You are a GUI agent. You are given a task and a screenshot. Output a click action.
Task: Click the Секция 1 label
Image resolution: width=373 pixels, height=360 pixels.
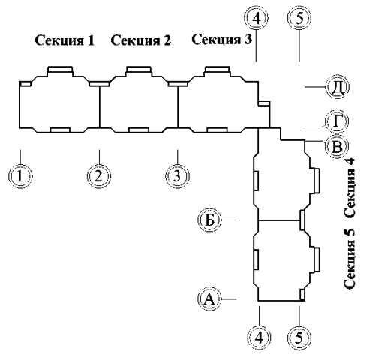coord(65,40)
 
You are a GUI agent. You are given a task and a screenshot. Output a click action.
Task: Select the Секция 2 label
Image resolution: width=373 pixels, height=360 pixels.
coord(141,40)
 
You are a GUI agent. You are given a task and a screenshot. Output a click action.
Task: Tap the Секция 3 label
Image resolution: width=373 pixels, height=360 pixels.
coord(222,39)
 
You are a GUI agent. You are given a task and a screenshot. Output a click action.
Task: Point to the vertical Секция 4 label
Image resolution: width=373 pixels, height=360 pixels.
coord(350,187)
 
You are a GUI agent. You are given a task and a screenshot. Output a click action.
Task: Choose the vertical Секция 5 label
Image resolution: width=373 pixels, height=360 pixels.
coord(350,259)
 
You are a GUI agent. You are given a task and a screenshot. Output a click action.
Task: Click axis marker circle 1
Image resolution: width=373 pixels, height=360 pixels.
coord(20,176)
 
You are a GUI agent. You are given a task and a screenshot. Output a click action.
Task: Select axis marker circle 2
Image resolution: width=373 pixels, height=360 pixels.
coord(99,176)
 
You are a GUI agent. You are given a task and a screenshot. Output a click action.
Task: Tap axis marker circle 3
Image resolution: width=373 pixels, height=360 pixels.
coord(177,176)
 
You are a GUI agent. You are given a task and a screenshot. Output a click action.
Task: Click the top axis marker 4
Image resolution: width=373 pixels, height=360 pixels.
coord(256,18)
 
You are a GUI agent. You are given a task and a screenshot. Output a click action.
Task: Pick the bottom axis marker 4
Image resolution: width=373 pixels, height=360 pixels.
coord(259,337)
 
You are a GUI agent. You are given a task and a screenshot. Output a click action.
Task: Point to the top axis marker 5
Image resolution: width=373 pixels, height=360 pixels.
coord(299,18)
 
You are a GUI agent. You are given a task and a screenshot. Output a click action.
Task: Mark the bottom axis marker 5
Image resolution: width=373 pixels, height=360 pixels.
coord(299,337)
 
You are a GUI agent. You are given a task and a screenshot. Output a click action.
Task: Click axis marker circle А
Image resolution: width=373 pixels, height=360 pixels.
coord(209,298)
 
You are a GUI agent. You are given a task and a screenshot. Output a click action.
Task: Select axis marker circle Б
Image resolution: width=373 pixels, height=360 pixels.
coord(209,220)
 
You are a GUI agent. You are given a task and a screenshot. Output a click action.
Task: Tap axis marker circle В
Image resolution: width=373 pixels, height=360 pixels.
coord(337,146)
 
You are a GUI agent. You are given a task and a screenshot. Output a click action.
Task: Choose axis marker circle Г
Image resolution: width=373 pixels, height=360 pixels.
coord(337,121)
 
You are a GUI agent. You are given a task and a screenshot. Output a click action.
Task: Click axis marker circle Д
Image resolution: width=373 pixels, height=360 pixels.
coord(337,87)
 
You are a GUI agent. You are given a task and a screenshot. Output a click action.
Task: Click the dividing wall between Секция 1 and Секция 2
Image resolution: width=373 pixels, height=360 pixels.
coord(100,106)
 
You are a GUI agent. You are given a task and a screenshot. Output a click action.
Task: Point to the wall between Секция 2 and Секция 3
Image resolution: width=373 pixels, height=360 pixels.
coord(178,106)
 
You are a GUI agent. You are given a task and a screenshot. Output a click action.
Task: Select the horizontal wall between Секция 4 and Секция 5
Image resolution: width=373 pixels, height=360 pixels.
coord(279,220)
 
